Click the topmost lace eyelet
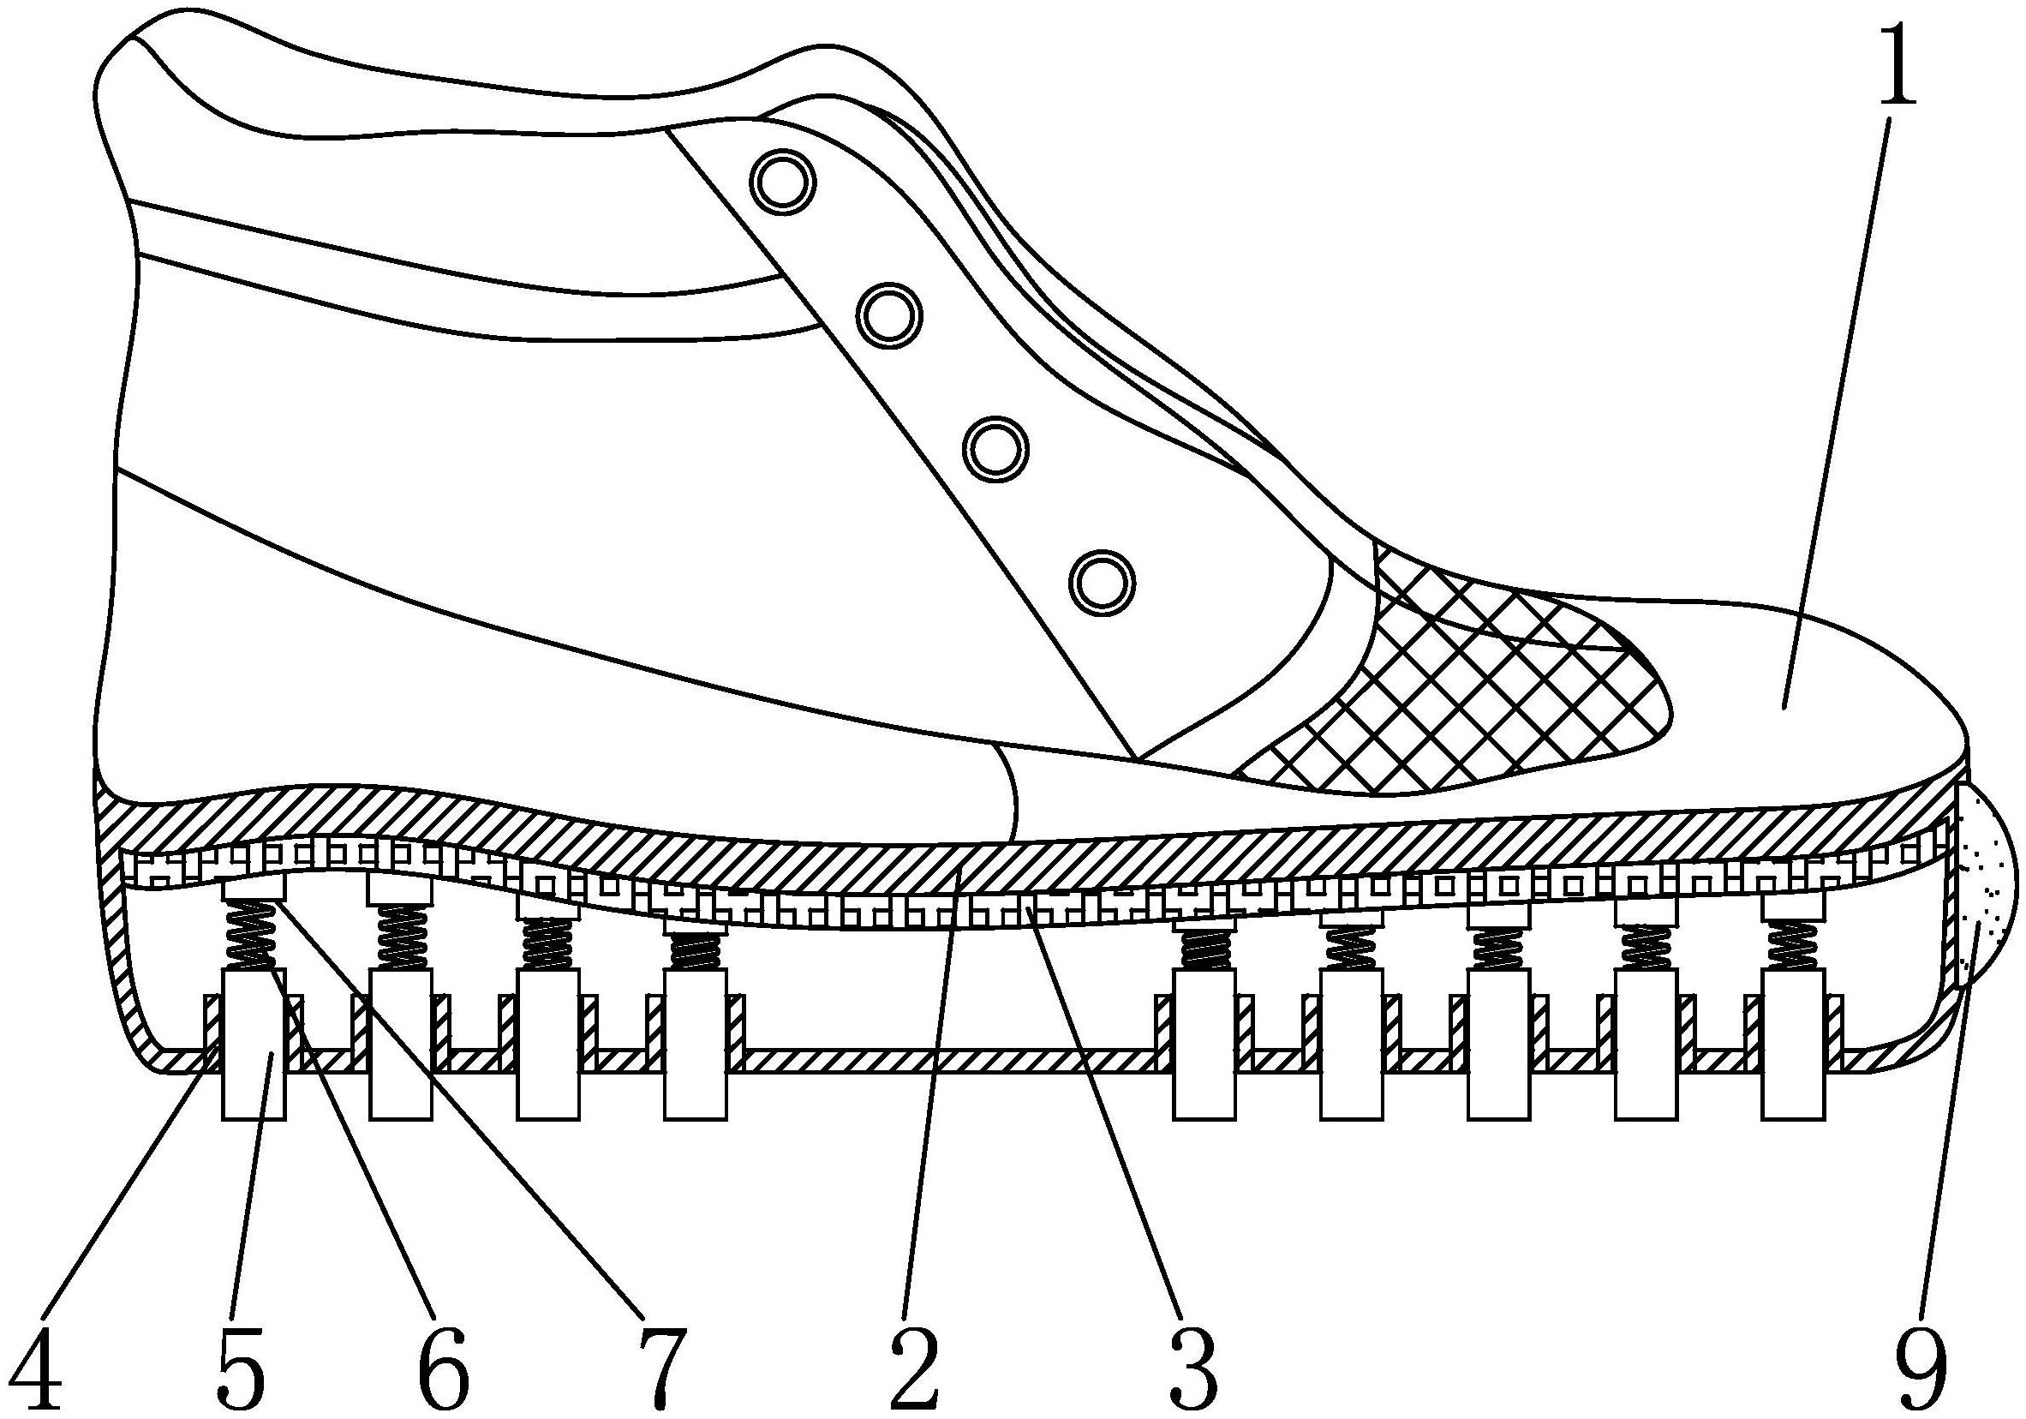tap(783, 183)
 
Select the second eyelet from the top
tap(889, 315)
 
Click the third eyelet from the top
tap(996, 450)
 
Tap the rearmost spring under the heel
tap(254, 937)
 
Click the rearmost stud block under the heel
tap(254, 1045)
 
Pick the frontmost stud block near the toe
tap(1793, 1045)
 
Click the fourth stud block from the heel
tap(696, 1045)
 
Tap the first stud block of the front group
tap(1204, 1045)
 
